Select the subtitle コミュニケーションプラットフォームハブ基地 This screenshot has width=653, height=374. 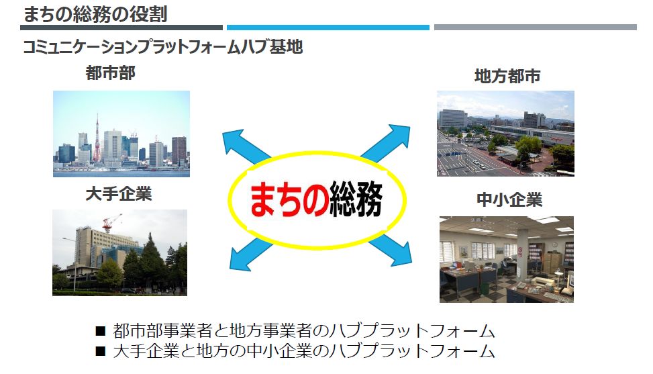point(163,46)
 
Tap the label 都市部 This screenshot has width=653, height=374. point(110,73)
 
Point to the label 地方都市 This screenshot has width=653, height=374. point(507,77)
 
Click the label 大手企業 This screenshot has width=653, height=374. point(119,194)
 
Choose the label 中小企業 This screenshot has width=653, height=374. point(509,200)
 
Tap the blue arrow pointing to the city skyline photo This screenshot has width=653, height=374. point(246,146)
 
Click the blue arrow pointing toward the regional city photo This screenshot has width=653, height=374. point(386,142)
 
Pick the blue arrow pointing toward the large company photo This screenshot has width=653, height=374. point(250,254)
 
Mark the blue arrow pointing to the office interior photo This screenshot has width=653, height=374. point(390,249)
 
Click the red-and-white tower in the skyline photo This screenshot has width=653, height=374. point(97,140)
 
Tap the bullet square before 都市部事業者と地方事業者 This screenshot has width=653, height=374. point(100,331)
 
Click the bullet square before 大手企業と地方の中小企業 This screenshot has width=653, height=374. point(100,351)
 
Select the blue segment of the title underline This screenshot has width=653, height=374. point(328,28)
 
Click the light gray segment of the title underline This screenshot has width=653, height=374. point(535,27)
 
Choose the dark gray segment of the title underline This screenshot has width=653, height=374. point(121,28)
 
